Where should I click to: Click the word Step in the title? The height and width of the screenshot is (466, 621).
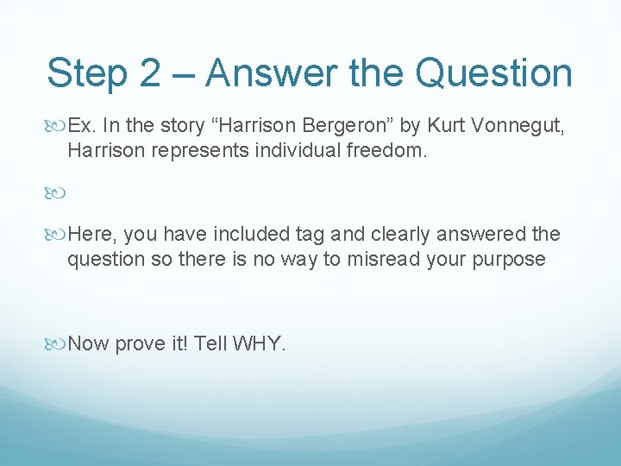tap(88, 73)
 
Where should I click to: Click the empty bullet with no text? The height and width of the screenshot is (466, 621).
tap(56, 192)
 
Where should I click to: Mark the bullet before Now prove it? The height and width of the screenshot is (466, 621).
tap(56, 343)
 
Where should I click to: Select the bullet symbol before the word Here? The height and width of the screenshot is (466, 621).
tap(56, 235)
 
